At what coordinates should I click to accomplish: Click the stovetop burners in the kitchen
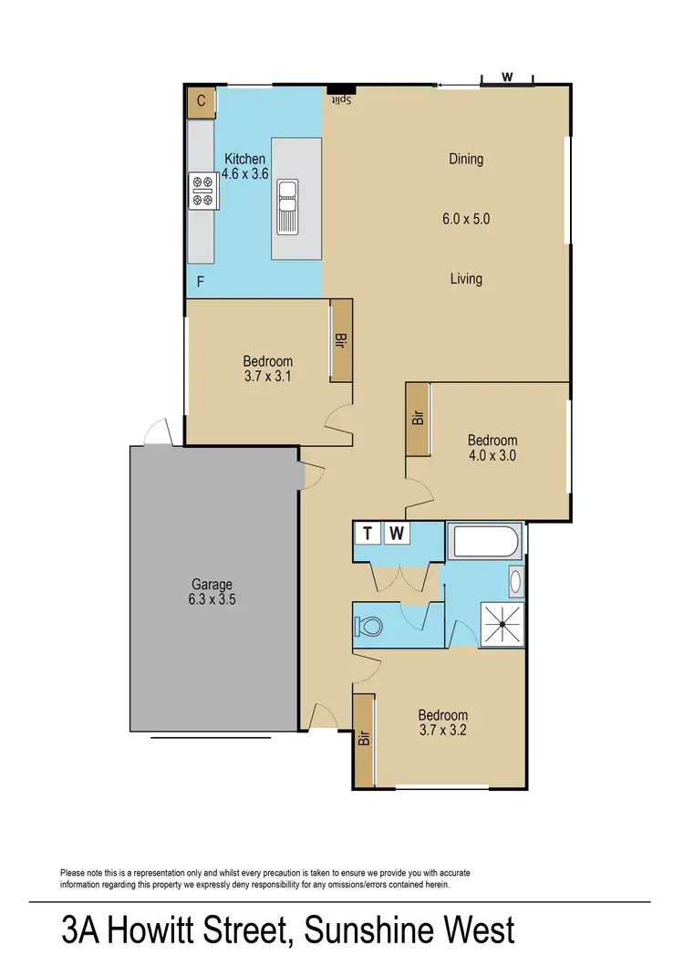coord(202,191)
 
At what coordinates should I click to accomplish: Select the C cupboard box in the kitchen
coord(201,101)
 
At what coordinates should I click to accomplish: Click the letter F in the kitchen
coord(201,283)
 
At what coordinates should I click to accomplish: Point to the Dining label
coord(465,159)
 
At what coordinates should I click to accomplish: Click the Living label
coord(465,279)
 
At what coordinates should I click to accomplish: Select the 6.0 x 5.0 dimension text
coord(465,219)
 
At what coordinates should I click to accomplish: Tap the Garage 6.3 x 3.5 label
coord(212,592)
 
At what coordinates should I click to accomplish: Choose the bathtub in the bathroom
coord(484,545)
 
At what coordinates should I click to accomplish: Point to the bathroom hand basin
coord(515,581)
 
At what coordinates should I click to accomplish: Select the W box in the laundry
coord(397,533)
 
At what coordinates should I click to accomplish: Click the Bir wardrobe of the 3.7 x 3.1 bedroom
coord(341,341)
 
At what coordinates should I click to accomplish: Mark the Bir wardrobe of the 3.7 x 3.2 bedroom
coord(364,739)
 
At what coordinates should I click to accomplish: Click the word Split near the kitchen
coord(342,99)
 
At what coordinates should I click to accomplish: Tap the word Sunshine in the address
coord(365,931)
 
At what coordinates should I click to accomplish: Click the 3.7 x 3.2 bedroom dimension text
coord(443,730)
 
